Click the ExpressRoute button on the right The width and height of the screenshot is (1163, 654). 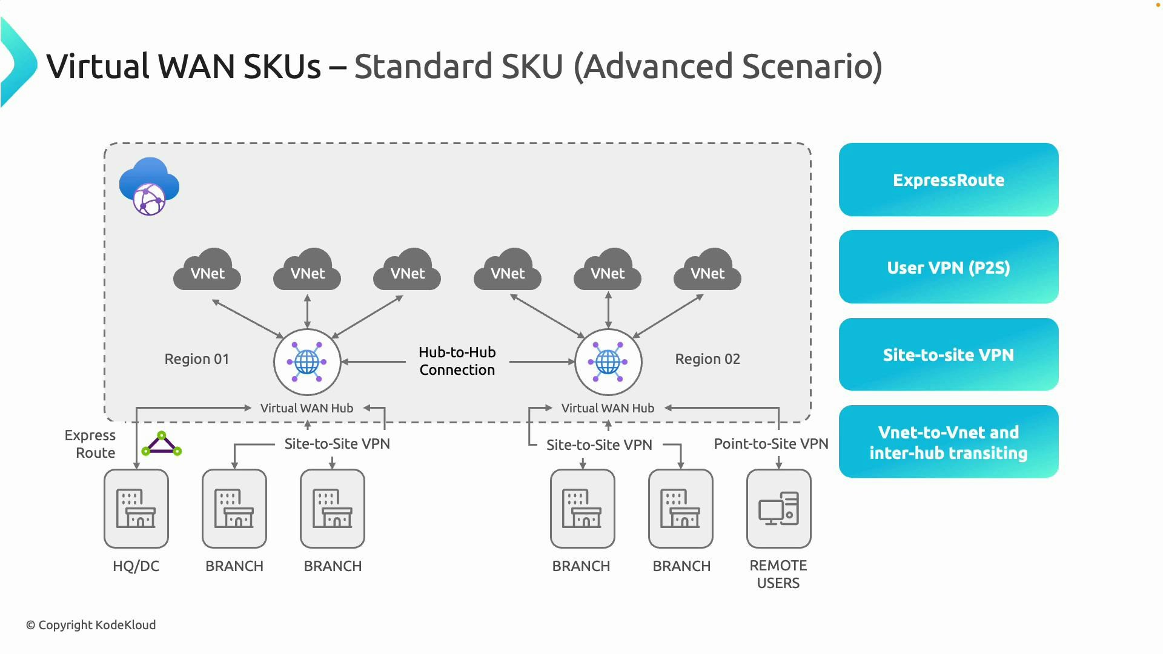[x=948, y=180]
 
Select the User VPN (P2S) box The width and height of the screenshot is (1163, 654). [x=948, y=267]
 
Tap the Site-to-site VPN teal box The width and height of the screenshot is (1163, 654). [x=948, y=354]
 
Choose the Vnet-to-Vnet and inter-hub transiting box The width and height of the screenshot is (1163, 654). [x=948, y=442]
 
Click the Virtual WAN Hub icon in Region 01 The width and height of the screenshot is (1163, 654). [x=307, y=362]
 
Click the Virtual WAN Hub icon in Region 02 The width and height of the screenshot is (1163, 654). [x=608, y=362]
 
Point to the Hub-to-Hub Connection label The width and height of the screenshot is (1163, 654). [x=457, y=361]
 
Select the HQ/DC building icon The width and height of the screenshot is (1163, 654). [x=136, y=509]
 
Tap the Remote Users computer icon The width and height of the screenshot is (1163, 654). [x=778, y=509]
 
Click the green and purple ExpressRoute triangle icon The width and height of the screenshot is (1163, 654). [x=161, y=444]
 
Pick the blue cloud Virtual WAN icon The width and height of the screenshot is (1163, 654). [x=149, y=186]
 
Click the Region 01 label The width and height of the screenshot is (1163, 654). [x=197, y=359]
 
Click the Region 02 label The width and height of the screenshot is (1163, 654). [x=707, y=359]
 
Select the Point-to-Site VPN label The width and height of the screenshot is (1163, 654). [x=770, y=444]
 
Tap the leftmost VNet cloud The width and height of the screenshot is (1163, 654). [x=207, y=271]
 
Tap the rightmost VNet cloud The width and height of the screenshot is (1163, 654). [x=707, y=271]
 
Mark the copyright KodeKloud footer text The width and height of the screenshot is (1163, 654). [x=91, y=625]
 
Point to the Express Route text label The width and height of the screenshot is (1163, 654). [x=90, y=444]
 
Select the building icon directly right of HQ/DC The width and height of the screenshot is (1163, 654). [x=234, y=509]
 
